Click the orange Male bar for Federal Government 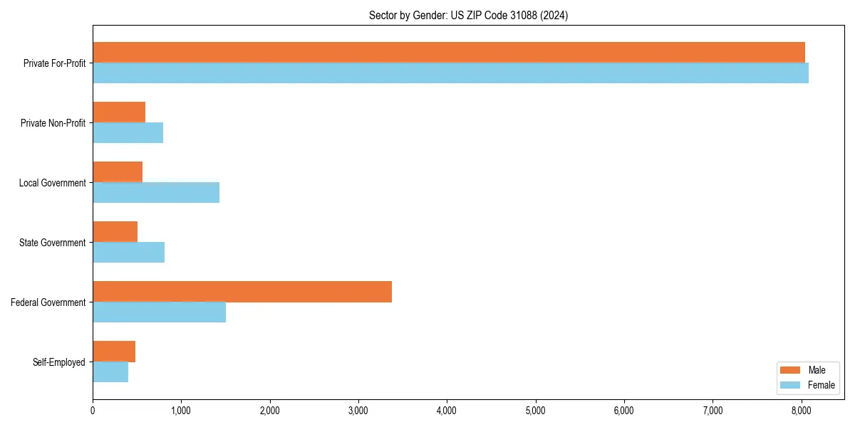[242, 292]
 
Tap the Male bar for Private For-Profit [449, 52]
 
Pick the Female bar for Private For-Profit [450, 73]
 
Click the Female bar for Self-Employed [110, 372]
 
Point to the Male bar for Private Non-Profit [119, 112]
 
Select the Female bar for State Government [128, 253]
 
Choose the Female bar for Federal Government [159, 312]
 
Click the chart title [468, 15]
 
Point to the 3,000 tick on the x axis [358, 410]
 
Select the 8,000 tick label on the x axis [801, 410]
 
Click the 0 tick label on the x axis [93, 410]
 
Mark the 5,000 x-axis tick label [535, 410]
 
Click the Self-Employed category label [59, 362]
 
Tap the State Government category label [53, 243]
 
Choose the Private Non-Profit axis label [53, 123]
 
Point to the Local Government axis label [52, 183]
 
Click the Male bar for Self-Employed [114, 352]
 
